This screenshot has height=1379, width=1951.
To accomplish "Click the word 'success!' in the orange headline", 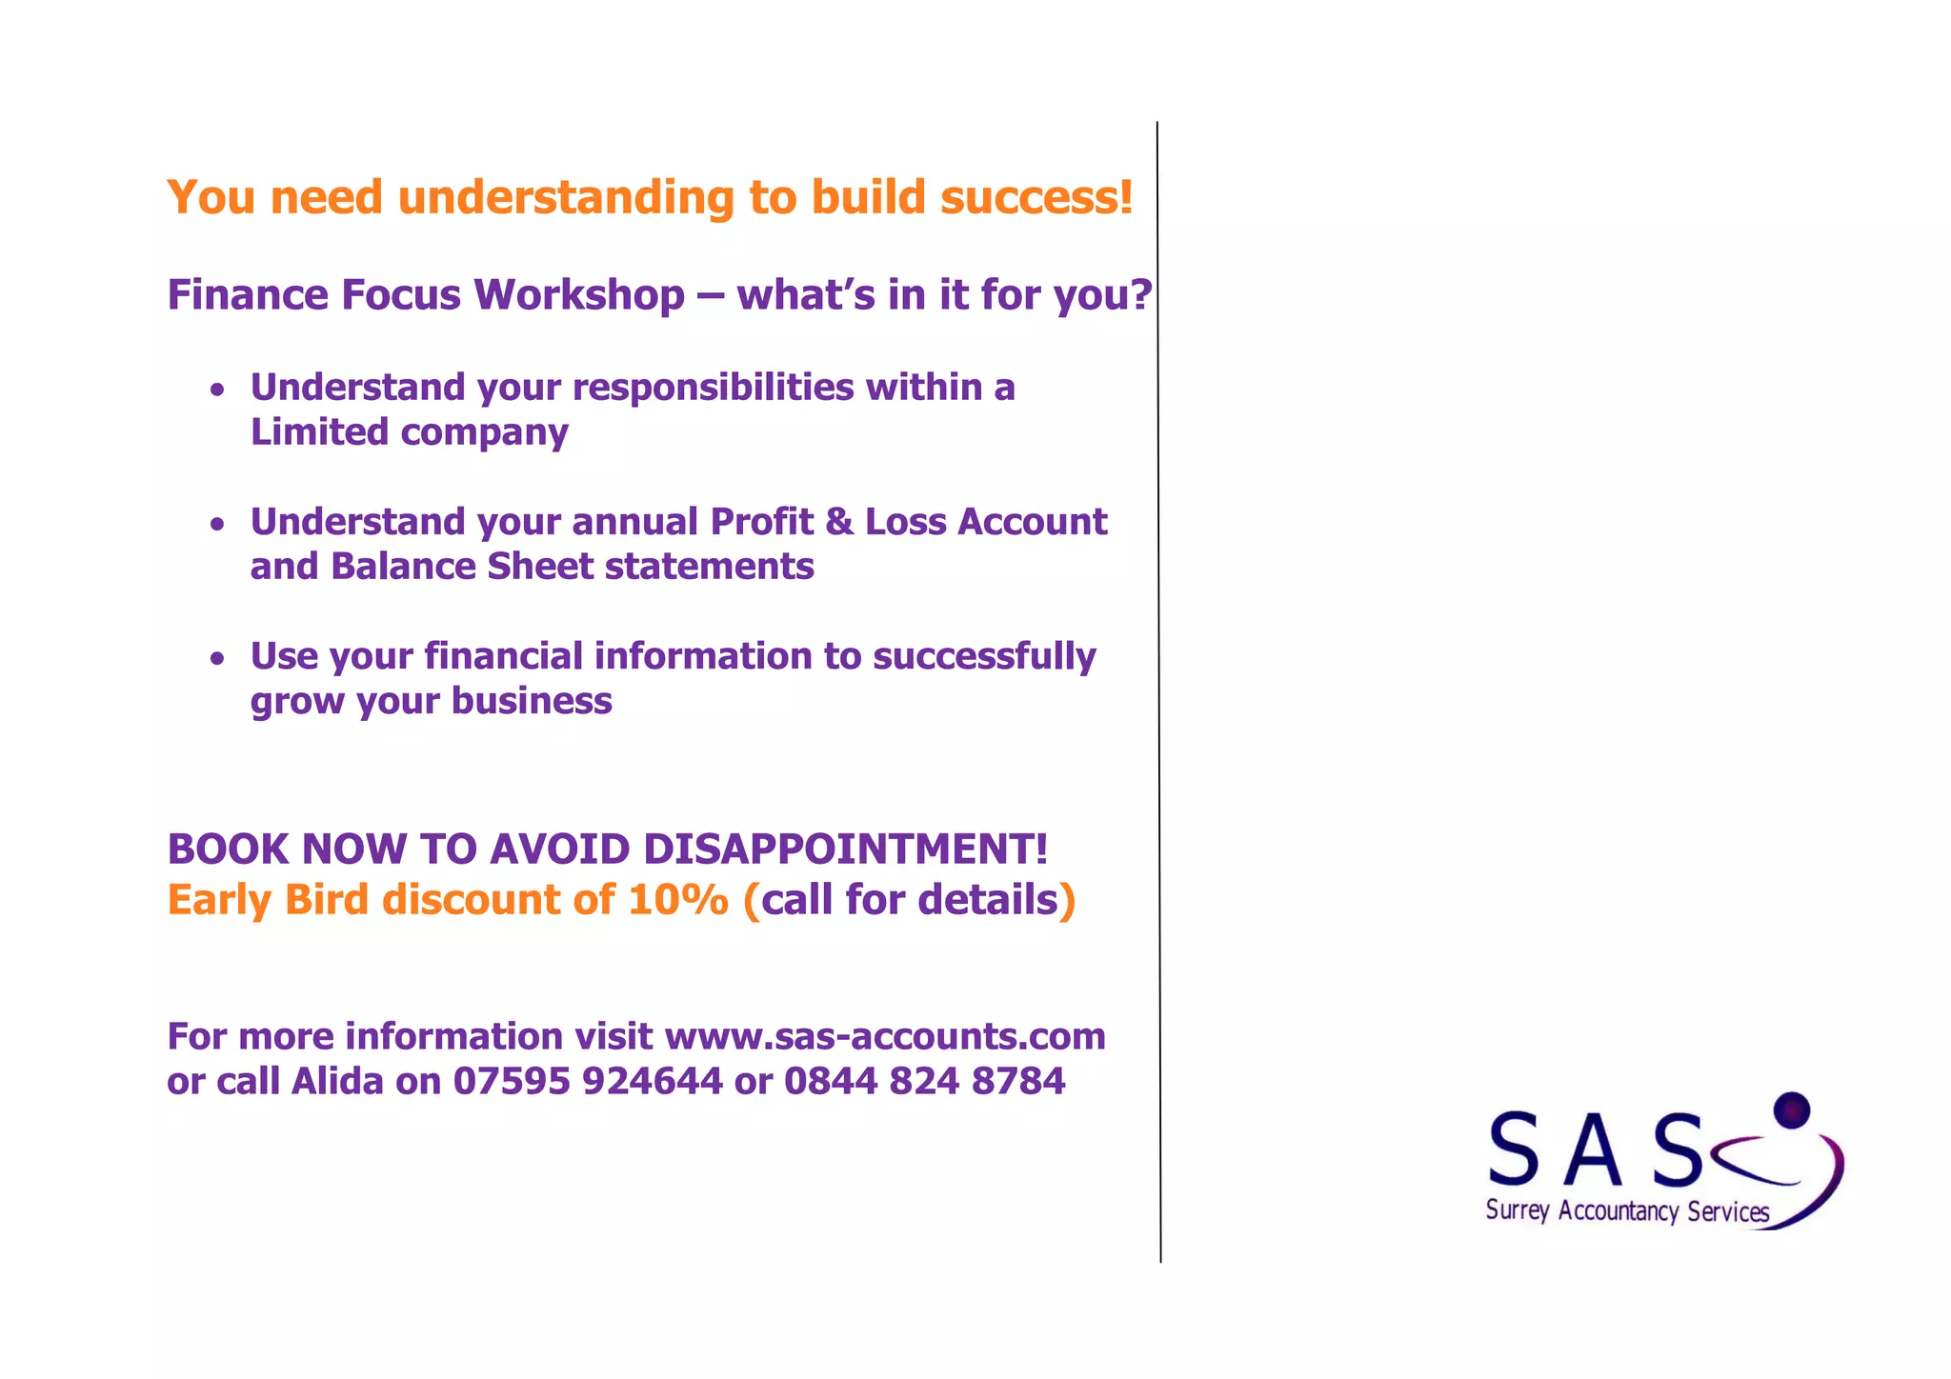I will pyautogui.click(x=1036, y=197).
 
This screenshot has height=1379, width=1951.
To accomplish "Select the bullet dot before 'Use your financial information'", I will pyautogui.click(x=218, y=657).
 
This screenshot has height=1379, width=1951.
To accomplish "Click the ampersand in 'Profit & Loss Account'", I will pyautogui.click(x=838, y=522).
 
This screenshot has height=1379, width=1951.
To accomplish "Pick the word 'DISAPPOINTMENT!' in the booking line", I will pyautogui.click(x=845, y=849).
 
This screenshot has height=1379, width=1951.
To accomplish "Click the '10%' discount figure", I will pyautogui.click(x=678, y=900).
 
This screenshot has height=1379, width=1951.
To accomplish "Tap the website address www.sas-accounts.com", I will pyautogui.click(x=885, y=1036).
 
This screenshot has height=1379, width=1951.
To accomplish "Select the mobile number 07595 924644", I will pyautogui.click(x=588, y=1081).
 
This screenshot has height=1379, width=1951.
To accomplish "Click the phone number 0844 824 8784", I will pyautogui.click(x=924, y=1081).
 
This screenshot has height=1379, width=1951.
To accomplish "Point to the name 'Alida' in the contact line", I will pyautogui.click(x=337, y=1081).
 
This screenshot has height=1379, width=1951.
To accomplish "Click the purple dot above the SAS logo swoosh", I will pyautogui.click(x=1792, y=1110).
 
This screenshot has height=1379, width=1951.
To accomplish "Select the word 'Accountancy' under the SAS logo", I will pyautogui.click(x=1618, y=1211).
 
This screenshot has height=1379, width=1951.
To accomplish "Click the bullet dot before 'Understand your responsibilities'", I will pyautogui.click(x=218, y=389).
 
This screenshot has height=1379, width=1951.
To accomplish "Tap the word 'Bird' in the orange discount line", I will pyautogui.click(x=327, y=900).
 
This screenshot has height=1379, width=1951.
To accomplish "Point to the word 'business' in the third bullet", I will pyautogui.click(x=532, y=701).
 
